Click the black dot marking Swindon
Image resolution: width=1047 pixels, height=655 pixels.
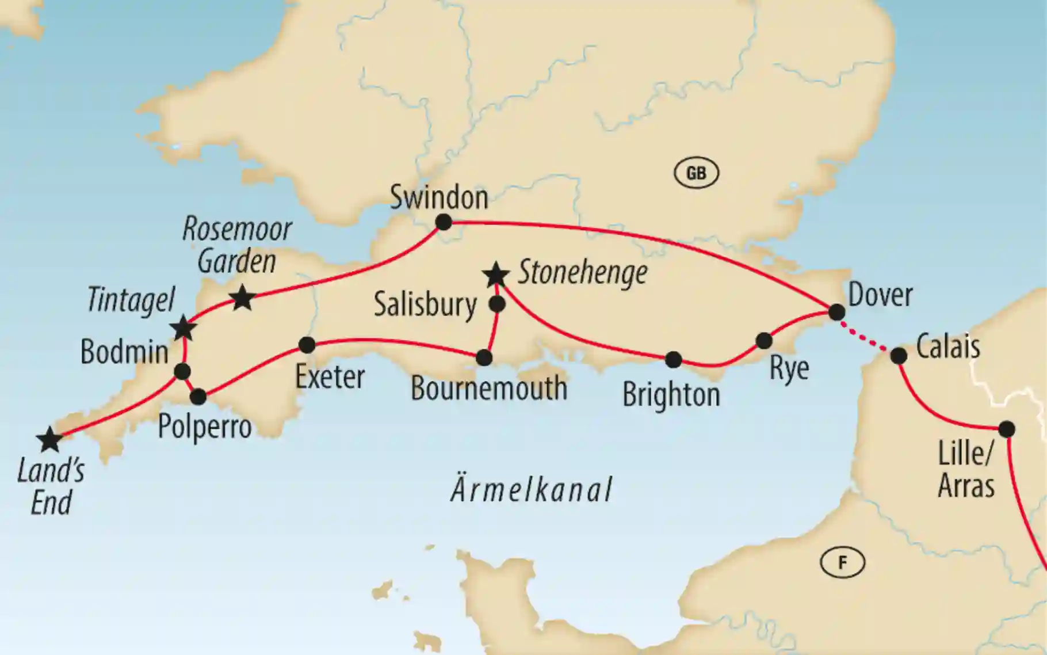click(444, 222)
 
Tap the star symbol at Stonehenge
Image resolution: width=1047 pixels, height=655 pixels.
click(496, 275)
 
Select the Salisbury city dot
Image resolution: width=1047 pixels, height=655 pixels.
click(497, 304)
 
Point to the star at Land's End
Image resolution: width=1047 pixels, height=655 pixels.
click(49, 440)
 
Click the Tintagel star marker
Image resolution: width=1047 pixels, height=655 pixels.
click(184, 328)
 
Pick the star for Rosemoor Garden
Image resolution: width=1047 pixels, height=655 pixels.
click(242, 298)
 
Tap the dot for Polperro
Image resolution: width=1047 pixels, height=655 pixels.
click(198, 397)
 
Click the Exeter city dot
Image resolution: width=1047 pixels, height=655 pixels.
click(307, 345)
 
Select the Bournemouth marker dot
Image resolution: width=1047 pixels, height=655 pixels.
click(484, 358)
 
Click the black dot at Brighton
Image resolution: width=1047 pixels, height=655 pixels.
click(674, 360)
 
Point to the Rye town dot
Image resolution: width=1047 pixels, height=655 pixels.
click(764, 341)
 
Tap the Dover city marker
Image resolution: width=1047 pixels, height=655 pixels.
click(836, 312)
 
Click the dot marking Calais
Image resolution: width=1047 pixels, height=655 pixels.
click(899, 356)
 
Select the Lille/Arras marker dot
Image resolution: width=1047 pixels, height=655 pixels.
click(1007, 429)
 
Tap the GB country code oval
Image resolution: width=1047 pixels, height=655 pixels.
click(696, 173)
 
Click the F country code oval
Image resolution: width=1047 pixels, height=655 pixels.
click(842, 562)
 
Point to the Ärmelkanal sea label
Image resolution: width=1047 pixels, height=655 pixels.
click(532, 489)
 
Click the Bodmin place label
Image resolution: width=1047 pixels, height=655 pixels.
click(124, 352)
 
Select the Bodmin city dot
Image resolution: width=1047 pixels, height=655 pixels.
click(182, 372)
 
